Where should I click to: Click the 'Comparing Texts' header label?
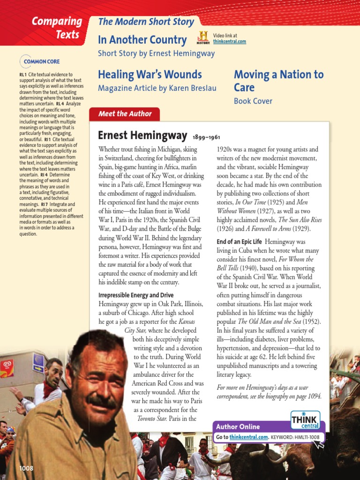(x=56, y=28)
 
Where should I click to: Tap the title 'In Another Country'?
(x=142, y=40)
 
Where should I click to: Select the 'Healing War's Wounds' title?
(x=150, y=75)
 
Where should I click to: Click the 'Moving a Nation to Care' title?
(x=278, y=81)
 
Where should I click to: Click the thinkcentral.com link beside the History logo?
(x=229, y=42)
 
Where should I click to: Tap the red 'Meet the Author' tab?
(x=125, y=114)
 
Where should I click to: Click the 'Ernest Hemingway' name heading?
(x=142, y=135)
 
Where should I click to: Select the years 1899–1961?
(x=207, y=137)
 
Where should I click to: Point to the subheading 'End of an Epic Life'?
(x=239, y=241)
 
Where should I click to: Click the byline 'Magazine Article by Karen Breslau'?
(x=157, y=88)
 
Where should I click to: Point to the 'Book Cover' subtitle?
(x=253, y=101)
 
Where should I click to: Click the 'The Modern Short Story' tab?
(x=146, y=22)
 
